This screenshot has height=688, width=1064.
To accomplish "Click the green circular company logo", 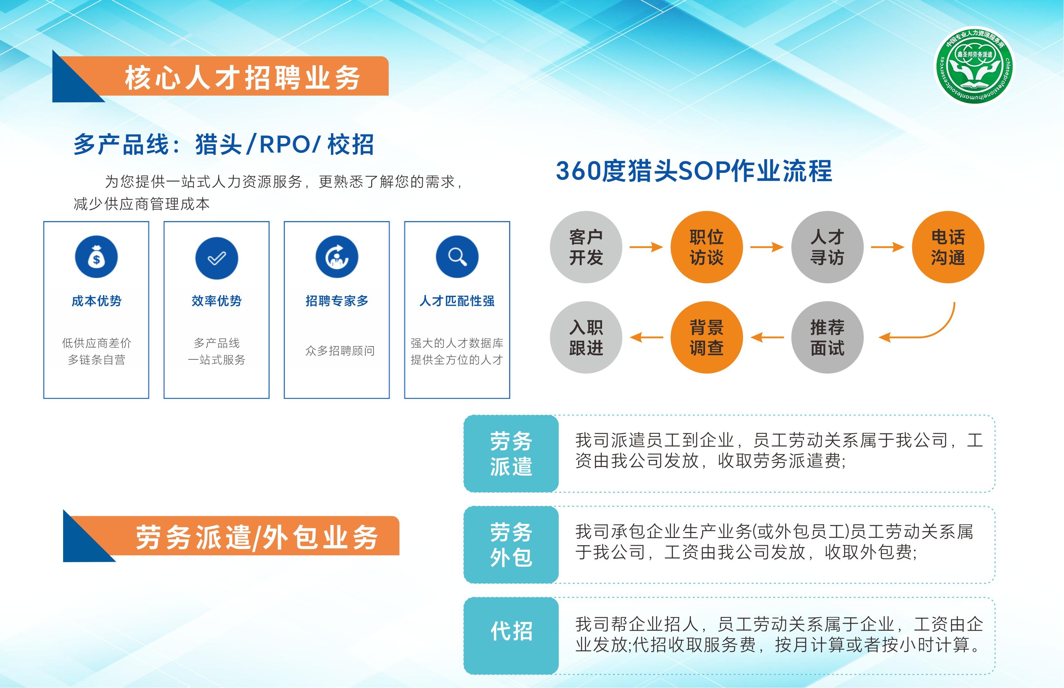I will (x=975, y=65).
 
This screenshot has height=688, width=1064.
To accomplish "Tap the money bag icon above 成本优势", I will (x=96, y=257).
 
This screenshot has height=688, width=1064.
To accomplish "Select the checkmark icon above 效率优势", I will (x=217, y=258).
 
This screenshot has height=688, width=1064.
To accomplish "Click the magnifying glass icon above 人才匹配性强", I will (x=457, y=257).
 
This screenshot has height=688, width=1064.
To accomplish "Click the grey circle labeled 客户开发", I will (x=586, y=247).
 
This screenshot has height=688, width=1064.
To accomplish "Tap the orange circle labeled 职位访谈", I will (x=707, y=247).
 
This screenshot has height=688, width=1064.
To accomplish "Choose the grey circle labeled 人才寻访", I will (x=827, y=247).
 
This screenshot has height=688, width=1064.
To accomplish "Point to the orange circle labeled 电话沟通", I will (x=948, y=247).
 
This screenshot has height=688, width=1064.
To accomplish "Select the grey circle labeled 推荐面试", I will (x=827, y=337).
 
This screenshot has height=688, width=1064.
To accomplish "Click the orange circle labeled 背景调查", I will (x=707, y=337).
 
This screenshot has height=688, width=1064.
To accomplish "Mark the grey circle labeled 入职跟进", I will (x=586, y=337).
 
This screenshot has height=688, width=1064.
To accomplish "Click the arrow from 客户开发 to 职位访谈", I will (x=646, y=247).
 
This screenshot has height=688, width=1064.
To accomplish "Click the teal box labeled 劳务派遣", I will (x=511, y=453).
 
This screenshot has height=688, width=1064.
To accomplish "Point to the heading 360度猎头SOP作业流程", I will (x=693, y=171).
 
